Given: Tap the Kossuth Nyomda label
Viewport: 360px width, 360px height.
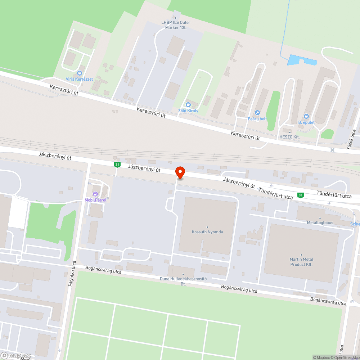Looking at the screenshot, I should pyautogui.click(x=207, y=232).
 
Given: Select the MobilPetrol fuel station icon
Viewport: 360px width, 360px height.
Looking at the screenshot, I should pyautogui.click(x=95, y=194).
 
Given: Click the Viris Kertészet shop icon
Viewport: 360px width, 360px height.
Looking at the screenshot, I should pyautogui.click(x=80, y=73).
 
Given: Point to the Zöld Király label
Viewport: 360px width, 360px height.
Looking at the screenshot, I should pyautogui.click(x=188, y=111).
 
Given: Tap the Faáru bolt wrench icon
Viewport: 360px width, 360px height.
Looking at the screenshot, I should pyautogui.click(x=257, y=113).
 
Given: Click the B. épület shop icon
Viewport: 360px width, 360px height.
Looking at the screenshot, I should pyautogui.click(x=306, y=116).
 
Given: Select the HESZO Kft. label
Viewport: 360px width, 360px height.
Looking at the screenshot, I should pyautogui.click(x=289, y=137).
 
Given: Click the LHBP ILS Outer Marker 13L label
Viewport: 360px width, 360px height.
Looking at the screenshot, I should pyautogui.click(x=176, y=25).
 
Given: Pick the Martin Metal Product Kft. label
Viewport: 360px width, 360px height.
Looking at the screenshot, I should pyautogui.click(x=301, y=262).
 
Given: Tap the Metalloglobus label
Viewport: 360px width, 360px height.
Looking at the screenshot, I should pyautogui.click(x=320, y=223).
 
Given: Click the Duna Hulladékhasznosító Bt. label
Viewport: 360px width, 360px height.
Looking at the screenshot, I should pyautogui.click(x=183, y=281).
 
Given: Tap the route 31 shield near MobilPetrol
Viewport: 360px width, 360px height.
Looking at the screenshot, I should pyautogui.click(x=117, y=165).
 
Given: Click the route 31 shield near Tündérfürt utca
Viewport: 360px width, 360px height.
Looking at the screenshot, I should pyautogui.click(x=300, y=195).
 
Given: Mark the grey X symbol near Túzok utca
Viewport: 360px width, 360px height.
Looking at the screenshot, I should pyautogui.click(x=332, y=149).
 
